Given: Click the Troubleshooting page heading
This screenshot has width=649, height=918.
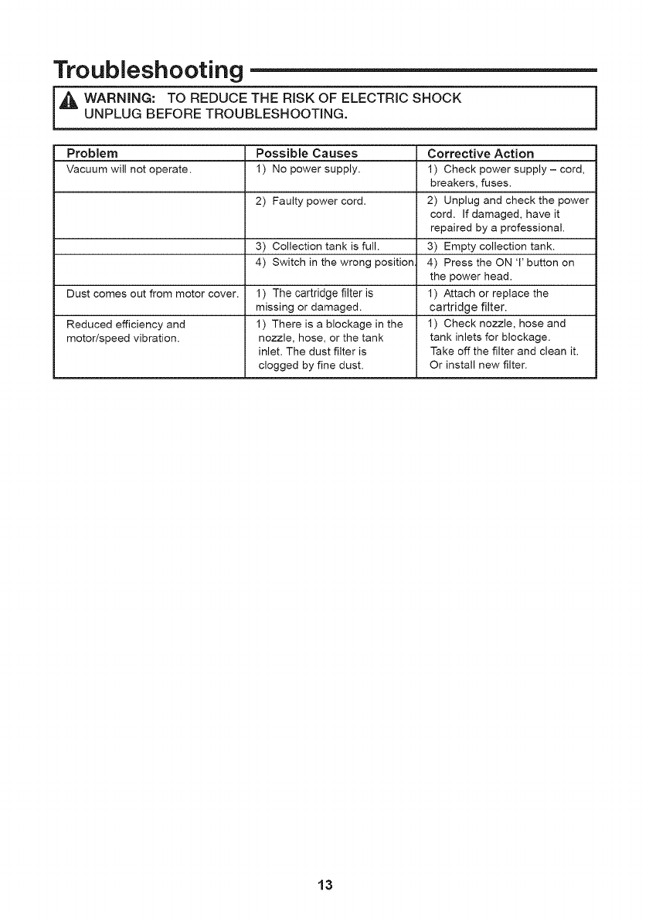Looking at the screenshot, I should point(147,70).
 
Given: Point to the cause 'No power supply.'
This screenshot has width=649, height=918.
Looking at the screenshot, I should point(308,168).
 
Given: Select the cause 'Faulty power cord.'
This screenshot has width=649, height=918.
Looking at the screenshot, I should point(311,202).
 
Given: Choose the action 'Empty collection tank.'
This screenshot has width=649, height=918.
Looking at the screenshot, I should point(497,246).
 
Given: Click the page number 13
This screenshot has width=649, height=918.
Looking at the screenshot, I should point(324,885).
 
